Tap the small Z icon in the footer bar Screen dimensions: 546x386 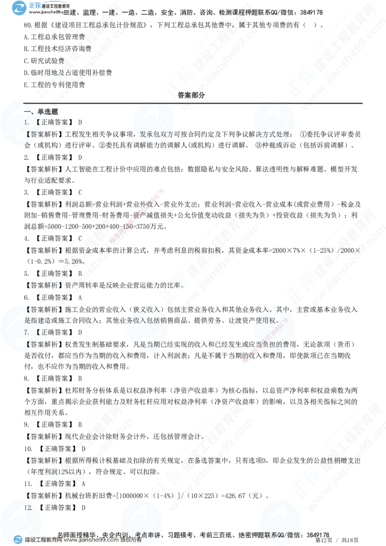[x=18, y=539]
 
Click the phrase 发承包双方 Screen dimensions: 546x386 [x=154, y=135]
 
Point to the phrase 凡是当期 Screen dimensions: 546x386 [x=149, y=344]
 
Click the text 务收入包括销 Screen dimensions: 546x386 [x=153, y=320]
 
